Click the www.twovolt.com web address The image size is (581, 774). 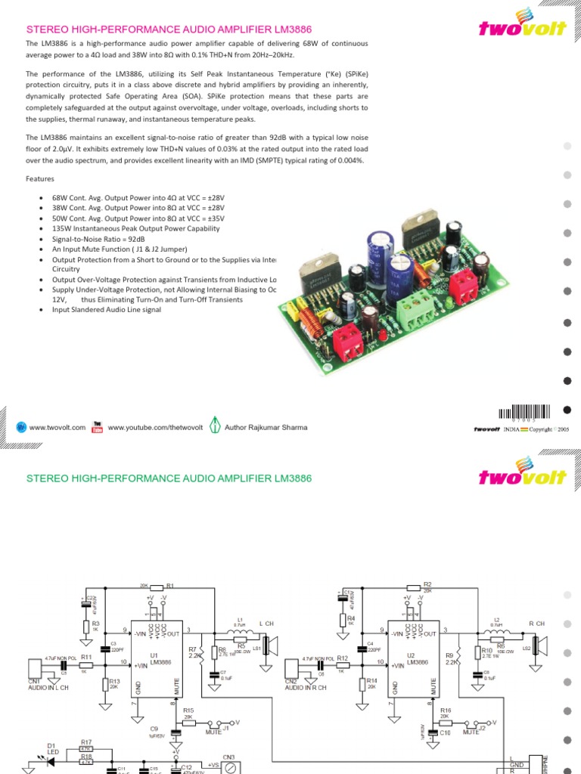point(58,427)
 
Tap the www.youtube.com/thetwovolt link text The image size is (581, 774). point(155,427)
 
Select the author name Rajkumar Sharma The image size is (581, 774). point(266,427)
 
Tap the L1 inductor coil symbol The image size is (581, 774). point(240,631)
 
